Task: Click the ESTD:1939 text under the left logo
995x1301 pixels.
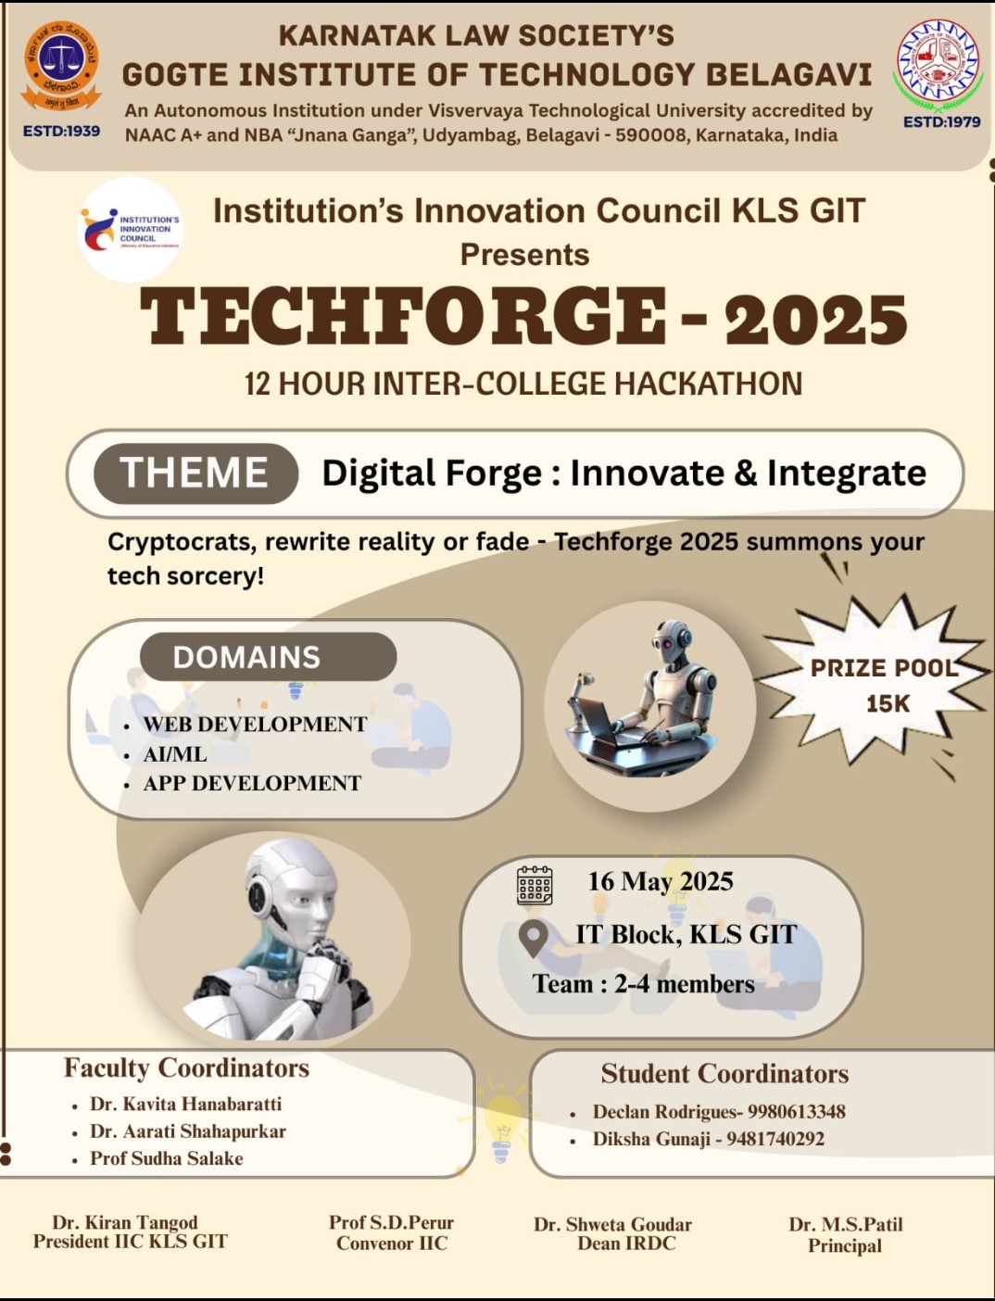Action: coord(61,131)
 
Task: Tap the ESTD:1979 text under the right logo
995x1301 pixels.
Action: coord(941,122)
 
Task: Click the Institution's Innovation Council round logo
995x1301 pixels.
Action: coord(131,230)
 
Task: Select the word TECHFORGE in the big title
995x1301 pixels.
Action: coord(402,316)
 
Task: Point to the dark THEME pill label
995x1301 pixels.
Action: coord(195,473)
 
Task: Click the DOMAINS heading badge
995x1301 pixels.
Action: coord(268,657)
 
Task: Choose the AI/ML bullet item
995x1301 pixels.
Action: coord(175,754)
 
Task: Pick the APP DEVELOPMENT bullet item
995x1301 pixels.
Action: coord(252,784)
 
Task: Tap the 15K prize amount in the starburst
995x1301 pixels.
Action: coord(888,703)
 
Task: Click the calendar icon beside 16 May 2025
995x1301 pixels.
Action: coord(535,885)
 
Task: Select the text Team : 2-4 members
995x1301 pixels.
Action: coord(643,984)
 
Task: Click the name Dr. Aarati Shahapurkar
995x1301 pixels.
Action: coord(188,1130)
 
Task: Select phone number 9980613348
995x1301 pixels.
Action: coord(797,1111)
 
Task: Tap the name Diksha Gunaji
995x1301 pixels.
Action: coord(651,1139)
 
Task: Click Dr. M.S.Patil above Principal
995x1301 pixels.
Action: coord(846,1224)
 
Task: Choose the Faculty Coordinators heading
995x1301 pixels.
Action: coord(186,1067)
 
